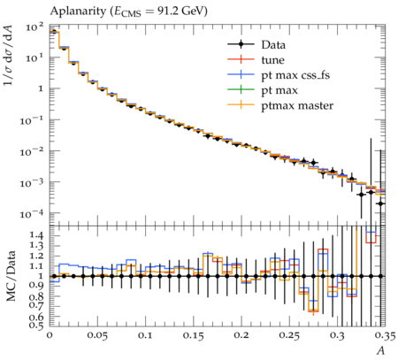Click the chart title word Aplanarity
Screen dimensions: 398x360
pos(78,11)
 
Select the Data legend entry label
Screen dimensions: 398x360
pos(273,45)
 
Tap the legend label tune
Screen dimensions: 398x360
pos(272,60)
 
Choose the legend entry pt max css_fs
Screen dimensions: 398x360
pos(295,75)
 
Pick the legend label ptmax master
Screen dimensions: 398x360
pos(297,105)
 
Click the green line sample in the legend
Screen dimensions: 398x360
pos(241,89)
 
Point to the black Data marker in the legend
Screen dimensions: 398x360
pos(241,44)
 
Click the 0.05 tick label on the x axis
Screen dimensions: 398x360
pos(97,335)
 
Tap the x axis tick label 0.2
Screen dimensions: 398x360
pos(241,335)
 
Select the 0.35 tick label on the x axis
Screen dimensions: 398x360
pos(386,335)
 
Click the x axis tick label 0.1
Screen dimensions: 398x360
pos(145,335)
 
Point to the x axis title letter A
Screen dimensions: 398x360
pos(381,351)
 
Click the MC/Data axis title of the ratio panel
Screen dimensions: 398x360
pos(11,276)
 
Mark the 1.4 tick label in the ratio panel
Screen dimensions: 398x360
pos(36,235)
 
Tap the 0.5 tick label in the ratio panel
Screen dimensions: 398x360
pos(36,326)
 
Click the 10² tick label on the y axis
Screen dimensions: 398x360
pos(34,27)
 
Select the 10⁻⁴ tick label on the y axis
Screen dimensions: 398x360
pos(32,213)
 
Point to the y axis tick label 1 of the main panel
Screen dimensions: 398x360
pos(41,88)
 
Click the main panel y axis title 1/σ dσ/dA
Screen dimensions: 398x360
pos(9,55)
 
